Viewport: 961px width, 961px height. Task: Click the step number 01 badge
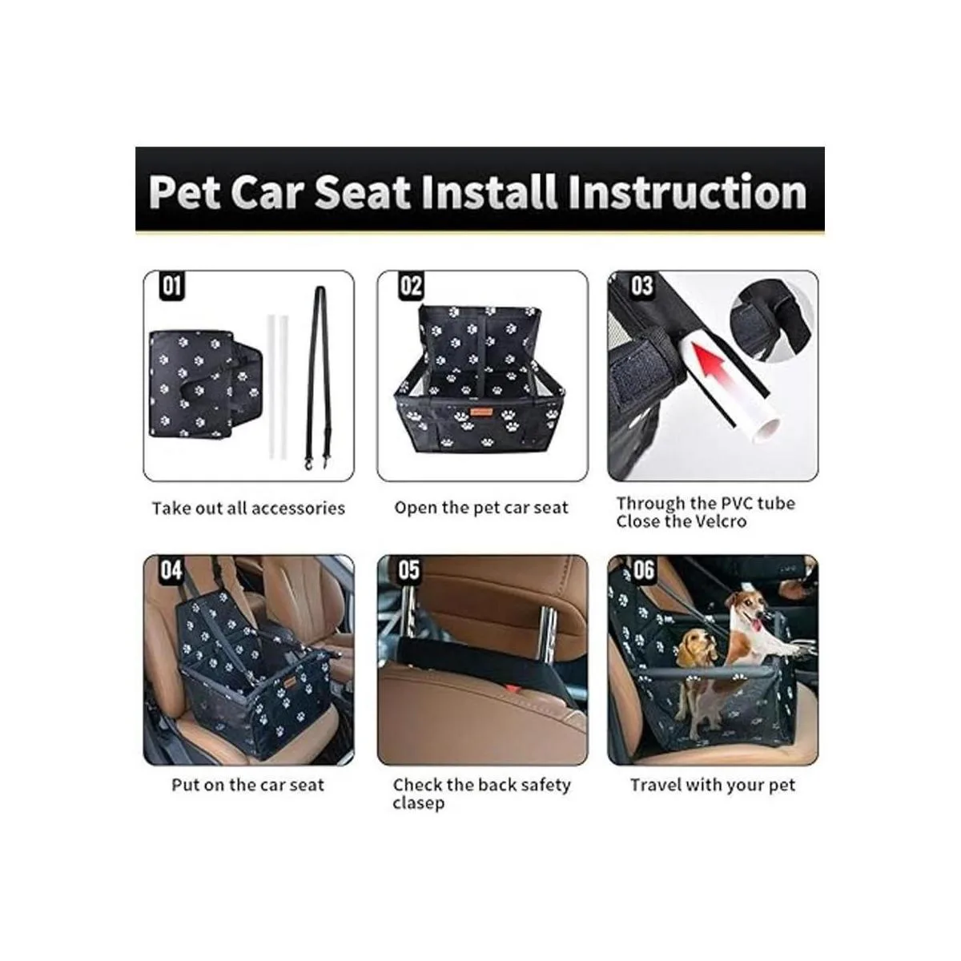pyautogui.click(x=171, y=287)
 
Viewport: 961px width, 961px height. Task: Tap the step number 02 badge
pyautogui.click(x=410, y=287)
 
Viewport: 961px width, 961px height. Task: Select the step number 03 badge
pyautogui.click(x=641, y=287)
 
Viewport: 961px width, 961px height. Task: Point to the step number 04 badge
pyautogui.click(x=171, y=570)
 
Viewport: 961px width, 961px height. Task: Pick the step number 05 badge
pyautogui.click(x=408, y=570)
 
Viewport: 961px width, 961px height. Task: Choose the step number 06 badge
pyautogui.click(x=643, y=570)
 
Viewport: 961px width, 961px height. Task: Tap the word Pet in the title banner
pyautogui.click(x=184, y=192)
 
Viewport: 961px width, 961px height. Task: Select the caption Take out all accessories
pyautogui.click(x=248, y=509)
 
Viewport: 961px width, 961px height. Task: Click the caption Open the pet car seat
pyautogui.click(x=481, y=508)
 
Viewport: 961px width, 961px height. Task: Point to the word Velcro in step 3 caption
pyautogui.click(x=718, y=522)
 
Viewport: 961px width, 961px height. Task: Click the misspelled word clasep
pyautogui.click(x=418, y=803)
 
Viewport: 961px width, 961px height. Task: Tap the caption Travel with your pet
pyautogui.click(x=713, y=785)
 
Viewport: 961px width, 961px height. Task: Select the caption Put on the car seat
pyautogui.click(x=248, y=785)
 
